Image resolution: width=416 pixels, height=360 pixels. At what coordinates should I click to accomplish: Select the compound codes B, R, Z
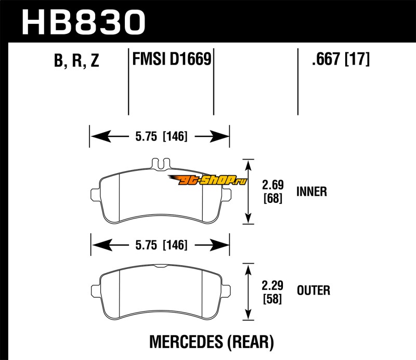pyautogui.click(x=76, y=61)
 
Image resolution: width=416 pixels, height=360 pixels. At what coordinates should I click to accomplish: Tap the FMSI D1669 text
pyautogui.click(x=171, y=60)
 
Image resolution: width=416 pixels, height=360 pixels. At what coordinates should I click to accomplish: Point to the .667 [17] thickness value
pyautogui.click(x=340, y=60)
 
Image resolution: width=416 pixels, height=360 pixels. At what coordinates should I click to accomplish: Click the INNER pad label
pyautogui.click(x=311, y=191)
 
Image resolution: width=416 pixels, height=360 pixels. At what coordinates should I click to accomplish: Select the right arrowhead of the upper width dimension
pyautogui.click(x=223, y=137)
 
